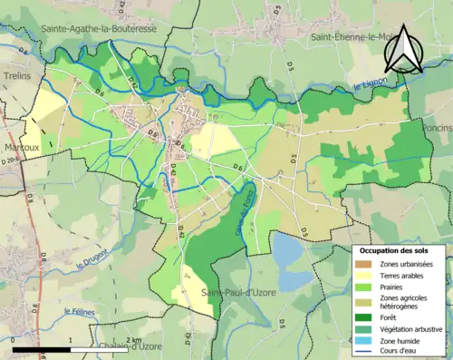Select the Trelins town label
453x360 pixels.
[x=15, y=76]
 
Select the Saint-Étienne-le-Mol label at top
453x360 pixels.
[x=355, y=37]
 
